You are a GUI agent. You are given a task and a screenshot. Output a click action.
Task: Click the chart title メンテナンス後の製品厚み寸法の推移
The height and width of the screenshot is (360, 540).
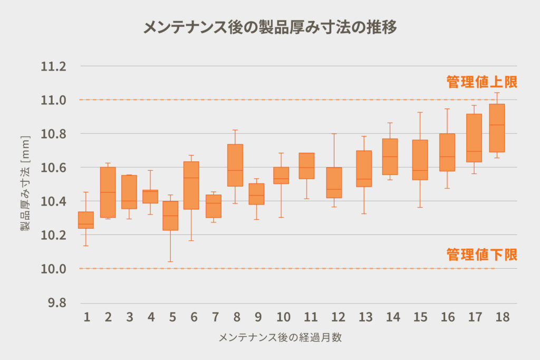tap(270, 27)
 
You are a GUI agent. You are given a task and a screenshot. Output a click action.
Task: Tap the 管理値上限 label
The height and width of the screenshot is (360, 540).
tap(481, 82)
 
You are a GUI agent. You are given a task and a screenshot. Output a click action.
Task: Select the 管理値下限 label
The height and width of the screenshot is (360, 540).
tap(481, 255)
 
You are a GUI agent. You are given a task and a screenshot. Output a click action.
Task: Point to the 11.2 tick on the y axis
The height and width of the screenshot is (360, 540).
tap(54, 66)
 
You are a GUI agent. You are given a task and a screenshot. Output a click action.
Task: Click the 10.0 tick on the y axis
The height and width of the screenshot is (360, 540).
tap(54, 269)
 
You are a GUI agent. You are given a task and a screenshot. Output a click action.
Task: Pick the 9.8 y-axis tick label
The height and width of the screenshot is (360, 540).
tap(56, 303)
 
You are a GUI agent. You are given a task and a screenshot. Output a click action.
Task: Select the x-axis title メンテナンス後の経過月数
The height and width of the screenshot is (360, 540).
tap(280, 338)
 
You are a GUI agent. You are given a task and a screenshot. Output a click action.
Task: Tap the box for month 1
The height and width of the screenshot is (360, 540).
tap(86, 220)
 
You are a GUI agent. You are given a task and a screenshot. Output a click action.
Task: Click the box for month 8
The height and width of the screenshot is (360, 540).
tap(235, 165)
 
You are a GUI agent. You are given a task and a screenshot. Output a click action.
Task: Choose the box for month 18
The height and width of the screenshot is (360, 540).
tap(497, 128)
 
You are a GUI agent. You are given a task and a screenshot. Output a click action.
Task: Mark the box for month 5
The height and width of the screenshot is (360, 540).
tap(170, 216)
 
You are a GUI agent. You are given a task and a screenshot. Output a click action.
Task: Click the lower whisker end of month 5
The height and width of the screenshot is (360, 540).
tap(170, 261)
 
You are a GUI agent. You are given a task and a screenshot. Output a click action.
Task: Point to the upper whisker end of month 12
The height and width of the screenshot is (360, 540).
tap(334, 133)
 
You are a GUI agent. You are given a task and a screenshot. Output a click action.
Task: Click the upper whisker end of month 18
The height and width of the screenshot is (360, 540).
tap(497, 93)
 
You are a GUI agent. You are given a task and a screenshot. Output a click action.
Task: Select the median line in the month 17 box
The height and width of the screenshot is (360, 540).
tap(474, 151)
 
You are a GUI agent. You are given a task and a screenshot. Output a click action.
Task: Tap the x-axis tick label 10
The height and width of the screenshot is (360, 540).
tap(283, 317)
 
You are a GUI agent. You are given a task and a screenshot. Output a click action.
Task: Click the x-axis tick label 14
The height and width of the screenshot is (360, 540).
tap(392, 317)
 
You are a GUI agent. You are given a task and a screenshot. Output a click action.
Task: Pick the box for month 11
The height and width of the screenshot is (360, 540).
tap(306, 166)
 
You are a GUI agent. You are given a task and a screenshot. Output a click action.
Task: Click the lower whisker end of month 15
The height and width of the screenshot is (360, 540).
tap(420, 207)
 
